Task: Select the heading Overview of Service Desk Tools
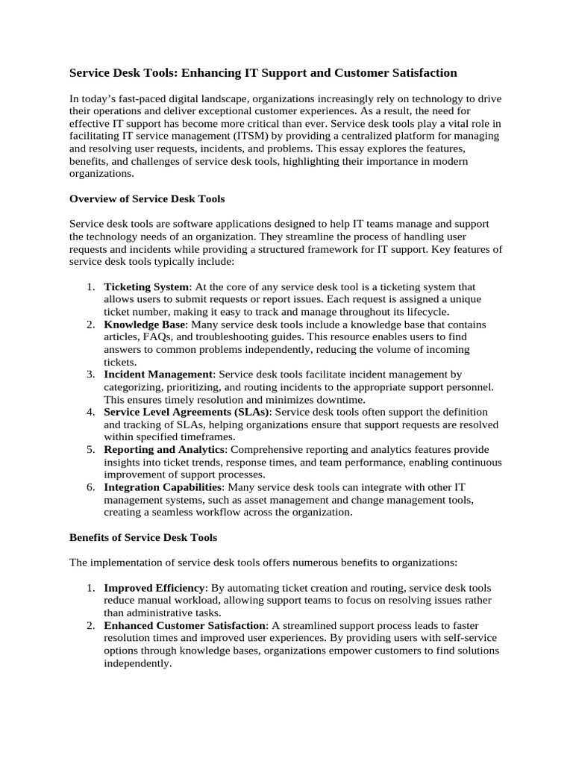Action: coord(147,199)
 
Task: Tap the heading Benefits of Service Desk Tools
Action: coord(143,536)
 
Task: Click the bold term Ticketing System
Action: coord(147,286)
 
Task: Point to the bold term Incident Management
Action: coord(158,375)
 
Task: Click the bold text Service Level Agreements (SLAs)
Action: coord(187,412)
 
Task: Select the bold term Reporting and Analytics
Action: coord(163,449)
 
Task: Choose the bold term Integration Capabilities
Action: coord(163,486)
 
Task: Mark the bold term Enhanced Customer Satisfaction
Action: coord(184,625)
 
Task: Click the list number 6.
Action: coord(90,486)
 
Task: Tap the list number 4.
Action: coord(90,412)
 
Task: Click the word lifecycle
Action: coord(422,312)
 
